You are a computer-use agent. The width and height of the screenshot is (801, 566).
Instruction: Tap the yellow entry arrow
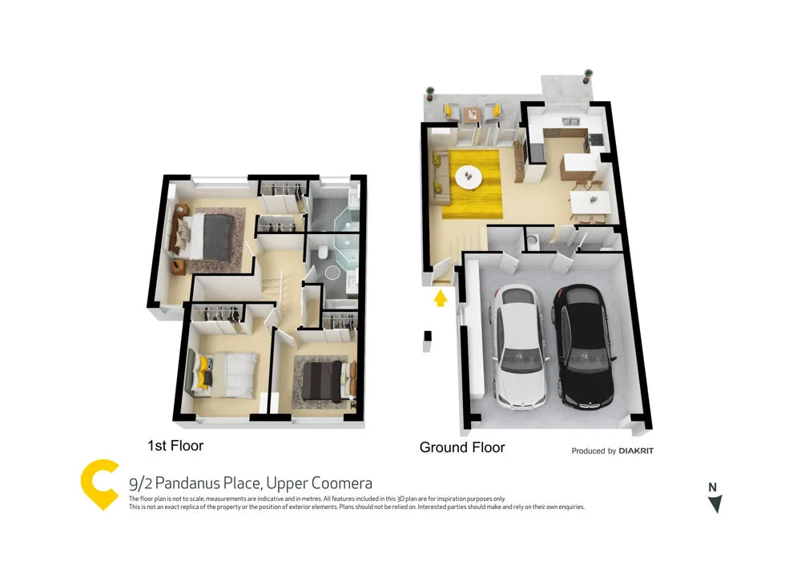tap(439, 298)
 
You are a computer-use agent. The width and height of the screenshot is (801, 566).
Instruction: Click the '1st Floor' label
tap(175, 445)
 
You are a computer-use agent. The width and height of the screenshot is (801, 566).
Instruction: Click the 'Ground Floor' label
tap(462, 447)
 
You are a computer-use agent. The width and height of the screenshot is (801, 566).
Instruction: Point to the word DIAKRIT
tap(636, 451)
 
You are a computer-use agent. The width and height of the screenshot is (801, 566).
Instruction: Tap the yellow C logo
tap(100, 484)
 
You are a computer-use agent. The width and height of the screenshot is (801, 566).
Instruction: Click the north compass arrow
tap(714, 503)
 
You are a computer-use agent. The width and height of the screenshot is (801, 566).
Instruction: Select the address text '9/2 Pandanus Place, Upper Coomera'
tap(250, 483)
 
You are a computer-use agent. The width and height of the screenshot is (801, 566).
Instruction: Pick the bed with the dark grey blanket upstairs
tap(210, 236)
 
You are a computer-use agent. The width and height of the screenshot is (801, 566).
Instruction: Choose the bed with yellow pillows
tap(223, 373)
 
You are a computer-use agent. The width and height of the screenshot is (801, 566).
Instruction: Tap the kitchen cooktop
tap(597, 140)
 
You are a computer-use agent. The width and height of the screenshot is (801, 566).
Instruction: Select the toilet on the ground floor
tap(533, 241)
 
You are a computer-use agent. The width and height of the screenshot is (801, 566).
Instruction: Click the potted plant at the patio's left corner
tap(430, 93)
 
